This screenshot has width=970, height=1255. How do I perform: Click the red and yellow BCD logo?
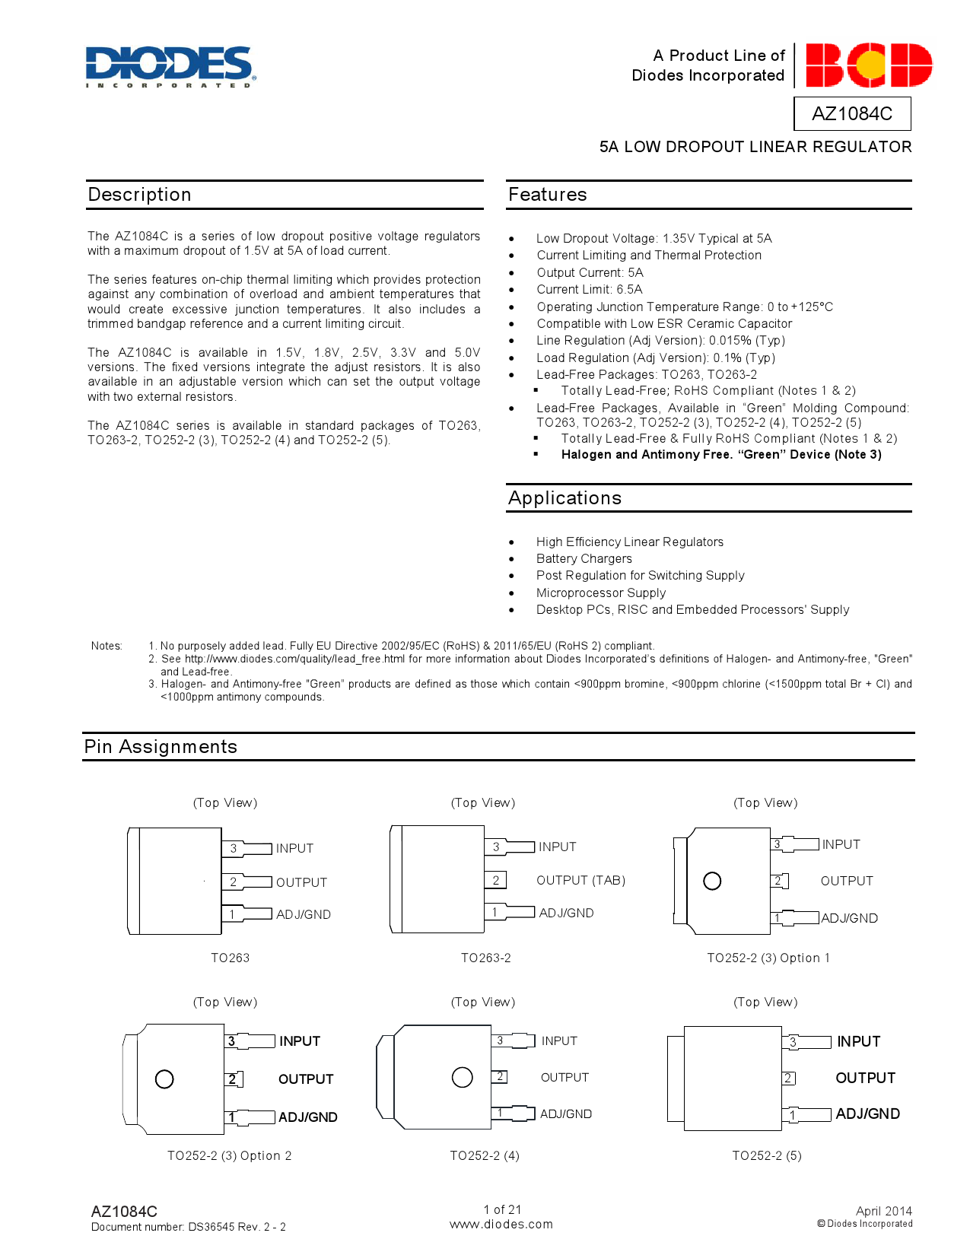tap(868, 65)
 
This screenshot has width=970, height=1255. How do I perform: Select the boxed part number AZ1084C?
tap(851, 113)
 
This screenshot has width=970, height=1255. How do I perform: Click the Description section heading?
tap(139, 195)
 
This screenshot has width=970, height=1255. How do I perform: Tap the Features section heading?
tap(547, 195)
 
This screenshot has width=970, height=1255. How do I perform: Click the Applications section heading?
tap(565, 498)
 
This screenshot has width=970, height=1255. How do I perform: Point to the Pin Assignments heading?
tap(161, 747)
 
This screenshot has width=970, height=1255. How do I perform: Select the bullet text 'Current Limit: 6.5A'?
tap(589, 290)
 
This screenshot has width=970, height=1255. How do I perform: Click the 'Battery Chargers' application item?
tap(584, 559)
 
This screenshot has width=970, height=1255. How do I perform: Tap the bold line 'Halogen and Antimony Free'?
tap(720, 455)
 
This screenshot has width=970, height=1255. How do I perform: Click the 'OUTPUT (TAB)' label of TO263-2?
tap(580, 880)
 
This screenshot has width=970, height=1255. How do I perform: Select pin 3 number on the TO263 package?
tap(234, 848)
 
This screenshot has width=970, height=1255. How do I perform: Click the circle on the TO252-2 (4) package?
tap(462, 1077)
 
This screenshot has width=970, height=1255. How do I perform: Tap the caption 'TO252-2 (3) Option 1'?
tap(768, 958)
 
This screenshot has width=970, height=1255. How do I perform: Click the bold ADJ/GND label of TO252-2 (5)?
tap(867, 1114)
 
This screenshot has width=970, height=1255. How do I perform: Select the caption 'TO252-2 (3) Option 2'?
tap(229, 1156)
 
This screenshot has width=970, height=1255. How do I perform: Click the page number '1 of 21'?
tap(502, 1209)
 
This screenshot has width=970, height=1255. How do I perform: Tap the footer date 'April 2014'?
tap(883, 1211)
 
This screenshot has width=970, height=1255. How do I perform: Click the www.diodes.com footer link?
tap(501, 1225)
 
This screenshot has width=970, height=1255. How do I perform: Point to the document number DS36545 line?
tap(188, 1227)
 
